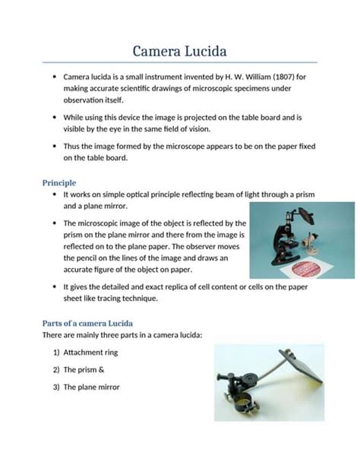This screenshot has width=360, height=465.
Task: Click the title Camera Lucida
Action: [179, 51]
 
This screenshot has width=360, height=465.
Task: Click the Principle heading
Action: [58, 182]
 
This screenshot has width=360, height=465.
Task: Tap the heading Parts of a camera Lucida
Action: [87, 321]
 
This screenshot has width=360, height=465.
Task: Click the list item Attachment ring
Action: [90, 353]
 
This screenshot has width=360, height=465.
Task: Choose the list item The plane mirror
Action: [91, 387]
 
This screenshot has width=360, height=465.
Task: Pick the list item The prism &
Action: [84, 369]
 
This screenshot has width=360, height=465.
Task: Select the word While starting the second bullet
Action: [74, 118]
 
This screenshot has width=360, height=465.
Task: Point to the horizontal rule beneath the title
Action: [179, 62]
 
